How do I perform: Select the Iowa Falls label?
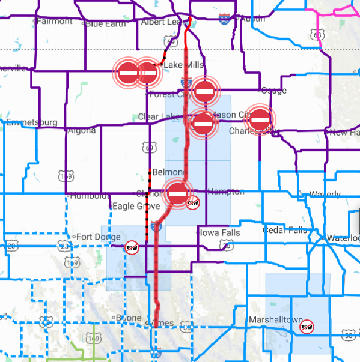(220, 233)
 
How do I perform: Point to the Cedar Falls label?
(285, 230)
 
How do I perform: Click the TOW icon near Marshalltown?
(307, 326)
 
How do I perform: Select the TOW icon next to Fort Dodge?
(132, 247)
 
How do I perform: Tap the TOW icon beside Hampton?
(193, 203)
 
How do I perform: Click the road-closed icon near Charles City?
(260, 119)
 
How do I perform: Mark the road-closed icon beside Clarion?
(178, 193)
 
